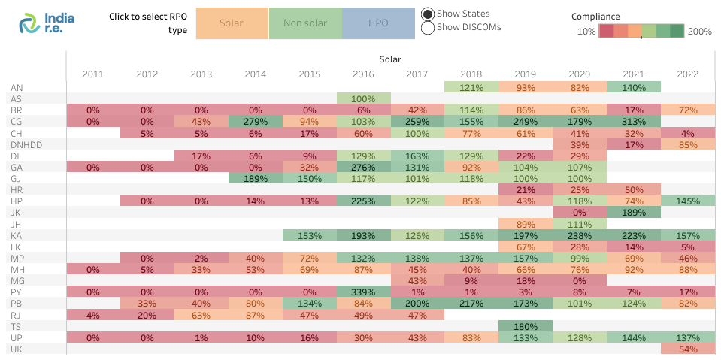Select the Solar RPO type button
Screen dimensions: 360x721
coord(232,23)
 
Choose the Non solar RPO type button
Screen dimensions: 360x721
coord(304,23)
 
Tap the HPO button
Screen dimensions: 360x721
coord(378,23)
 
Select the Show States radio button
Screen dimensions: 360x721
coord(428,14)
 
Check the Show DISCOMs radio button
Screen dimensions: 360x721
coord(428,28)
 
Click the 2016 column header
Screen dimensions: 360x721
coord(363,74)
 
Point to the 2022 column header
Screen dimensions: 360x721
coord(687,74)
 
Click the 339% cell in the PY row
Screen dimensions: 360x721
coord(363,292)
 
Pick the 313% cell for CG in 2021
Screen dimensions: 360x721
coord(633,122)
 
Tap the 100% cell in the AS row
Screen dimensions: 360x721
coord(363,98)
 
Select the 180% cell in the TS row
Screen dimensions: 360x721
coord(526,326)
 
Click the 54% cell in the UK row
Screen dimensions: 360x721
coord(687,349)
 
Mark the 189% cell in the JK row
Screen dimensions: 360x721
coord(633,213)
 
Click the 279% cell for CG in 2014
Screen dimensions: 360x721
coord(256,122)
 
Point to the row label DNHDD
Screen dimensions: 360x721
coord(26,144)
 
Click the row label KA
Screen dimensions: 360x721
coord(17,235)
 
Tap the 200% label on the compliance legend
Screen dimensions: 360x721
coord(699,32)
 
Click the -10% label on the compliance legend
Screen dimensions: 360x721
coord(584,32)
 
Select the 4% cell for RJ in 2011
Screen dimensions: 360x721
coord(93,315)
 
